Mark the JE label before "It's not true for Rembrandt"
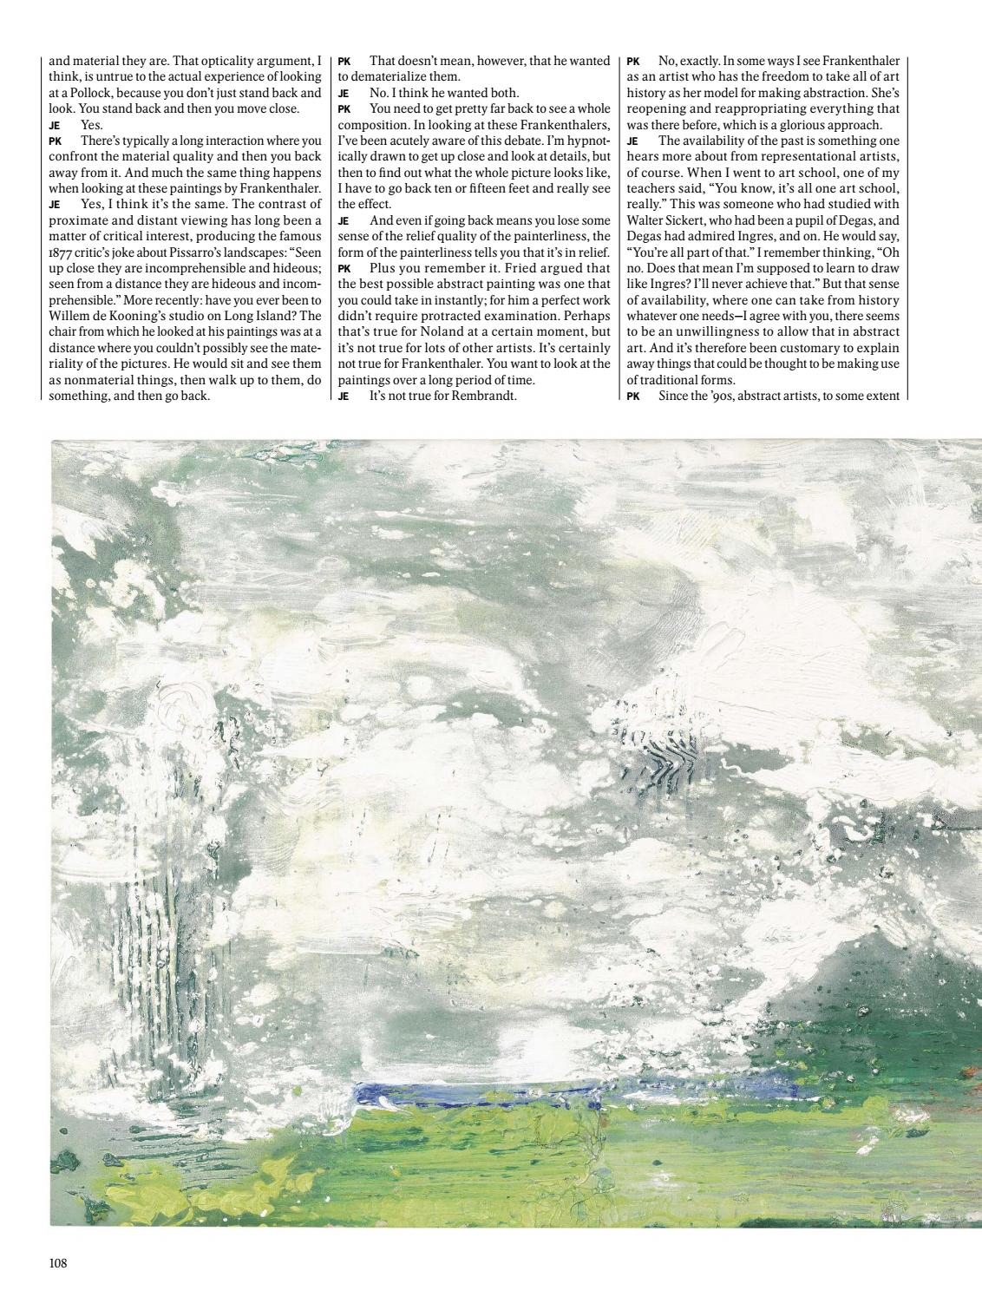[x=344, y=396]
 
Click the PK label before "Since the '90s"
[x=633, y=396]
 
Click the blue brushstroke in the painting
[x=468, y=1094]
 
